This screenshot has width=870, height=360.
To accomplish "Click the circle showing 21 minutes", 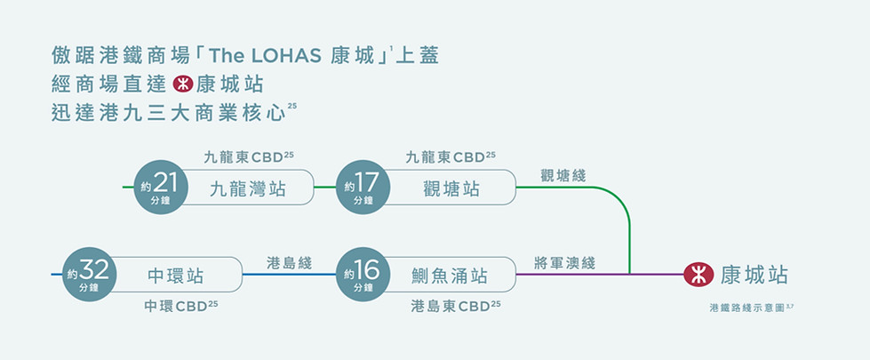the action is pyautogui.click(x=161, y=188).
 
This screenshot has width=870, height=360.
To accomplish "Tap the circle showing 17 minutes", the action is pyautogui.click(x=363, y=188).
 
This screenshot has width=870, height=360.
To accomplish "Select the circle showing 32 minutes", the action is pyautogui.click(x=90, y=275).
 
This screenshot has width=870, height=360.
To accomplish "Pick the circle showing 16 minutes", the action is pyautogui.click(x=363, y=275).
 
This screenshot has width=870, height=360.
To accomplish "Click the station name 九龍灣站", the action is pyautogui.click(x=247, y=189).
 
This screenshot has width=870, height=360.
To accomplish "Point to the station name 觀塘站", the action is pyautogui.click(x=451, y=189).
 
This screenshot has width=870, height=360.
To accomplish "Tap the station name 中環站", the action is pyautogui.click(x=175, y=276).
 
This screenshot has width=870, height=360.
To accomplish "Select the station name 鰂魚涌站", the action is pyautogui.click(x=450, y=276).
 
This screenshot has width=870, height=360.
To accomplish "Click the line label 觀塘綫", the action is pyautogui.click(x=563, y=176).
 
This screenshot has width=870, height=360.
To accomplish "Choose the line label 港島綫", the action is pyautogui.click(x=289, y=263).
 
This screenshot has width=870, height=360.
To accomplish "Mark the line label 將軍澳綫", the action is pyautogui.click(x=565, y=263).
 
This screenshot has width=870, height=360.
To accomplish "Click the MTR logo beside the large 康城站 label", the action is pyautogui.click(x=698, y=275).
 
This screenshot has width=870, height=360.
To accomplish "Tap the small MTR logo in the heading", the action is pyautogui.click(x=183, y=84).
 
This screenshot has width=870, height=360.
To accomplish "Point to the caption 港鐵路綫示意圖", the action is pyautogui.click(x=747, y=308).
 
